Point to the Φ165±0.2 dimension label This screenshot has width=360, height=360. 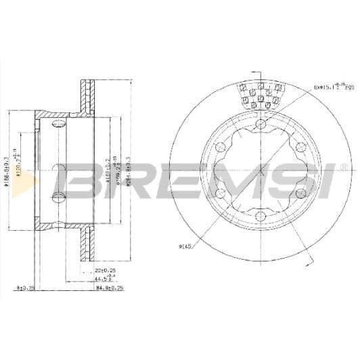[114, 175]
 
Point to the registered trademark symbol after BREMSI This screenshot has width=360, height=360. [342, 166]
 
